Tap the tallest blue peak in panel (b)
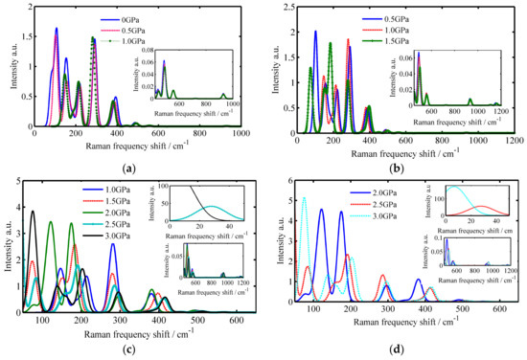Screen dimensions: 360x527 (315, 32)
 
